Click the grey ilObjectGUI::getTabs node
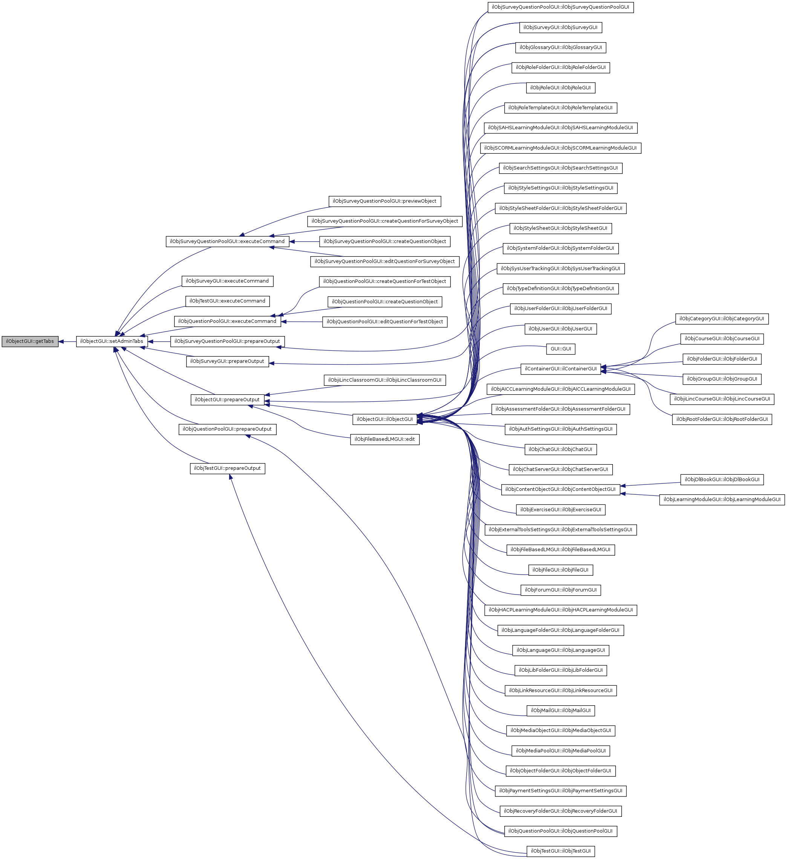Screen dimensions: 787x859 [x=30, y=341]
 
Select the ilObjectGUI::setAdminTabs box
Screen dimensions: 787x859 [x=112, y=341]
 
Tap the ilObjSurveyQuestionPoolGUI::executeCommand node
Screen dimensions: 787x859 [x=227, y=241]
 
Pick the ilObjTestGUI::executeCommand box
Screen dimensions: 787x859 [x=227, y=301]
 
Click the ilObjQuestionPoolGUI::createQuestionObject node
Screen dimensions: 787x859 [x=384, y=302]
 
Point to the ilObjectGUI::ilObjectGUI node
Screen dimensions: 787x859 [x=384, y=419]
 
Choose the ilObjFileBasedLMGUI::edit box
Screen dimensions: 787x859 [x=384, y=439]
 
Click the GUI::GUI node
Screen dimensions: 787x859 [x=560, y=349]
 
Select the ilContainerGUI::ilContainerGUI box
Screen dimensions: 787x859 [x=560, y=369]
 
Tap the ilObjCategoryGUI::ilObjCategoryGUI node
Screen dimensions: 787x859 [x=721, y=319]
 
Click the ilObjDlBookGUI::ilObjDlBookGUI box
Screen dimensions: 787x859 [x=721, y=479]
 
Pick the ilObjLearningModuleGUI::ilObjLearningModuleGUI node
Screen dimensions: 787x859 [x=721, y=499]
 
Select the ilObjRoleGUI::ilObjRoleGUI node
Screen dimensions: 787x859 [x=560, y=88]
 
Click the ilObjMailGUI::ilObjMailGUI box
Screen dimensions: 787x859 [x=560, y=710]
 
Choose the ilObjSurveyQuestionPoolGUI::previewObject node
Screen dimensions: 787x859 [x=384, y=201]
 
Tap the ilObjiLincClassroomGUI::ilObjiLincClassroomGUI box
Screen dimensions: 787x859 [x=384, y=380]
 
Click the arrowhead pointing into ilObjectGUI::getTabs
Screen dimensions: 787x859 [x=61, y=342]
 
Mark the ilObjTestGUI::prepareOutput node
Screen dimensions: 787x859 [x=227, y=468]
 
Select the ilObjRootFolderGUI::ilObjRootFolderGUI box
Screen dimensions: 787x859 [x=721, y=419]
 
